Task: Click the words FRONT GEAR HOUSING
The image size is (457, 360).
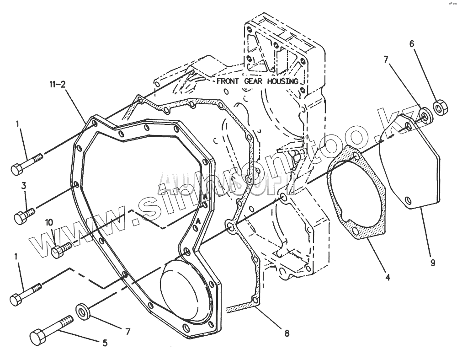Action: (x=257, y=81)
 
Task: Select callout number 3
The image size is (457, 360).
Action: (x=24, y=186)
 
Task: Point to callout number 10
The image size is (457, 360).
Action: (x=49, y=222)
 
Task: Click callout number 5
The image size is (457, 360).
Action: (x=105, y=343)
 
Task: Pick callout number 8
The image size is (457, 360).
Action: (x=287, y=333)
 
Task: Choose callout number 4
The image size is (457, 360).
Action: (x=387, y=276)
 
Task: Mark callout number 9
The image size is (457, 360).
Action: (x=432, y=263)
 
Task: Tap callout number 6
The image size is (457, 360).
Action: (x=411, y=44)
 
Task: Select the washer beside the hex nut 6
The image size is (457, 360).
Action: (x=425, y=115)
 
